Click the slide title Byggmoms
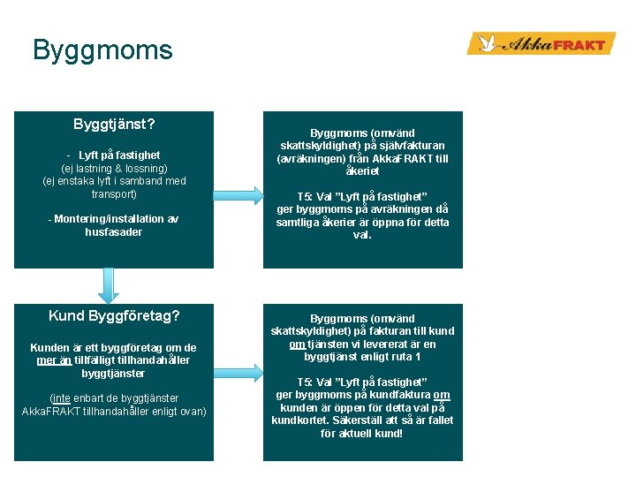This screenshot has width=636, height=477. tap(102, 49)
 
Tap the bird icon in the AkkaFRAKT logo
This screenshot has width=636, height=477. tap(485, 43)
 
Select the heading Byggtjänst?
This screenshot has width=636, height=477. tap(114, 124)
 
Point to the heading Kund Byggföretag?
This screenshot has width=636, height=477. tap(114, 315)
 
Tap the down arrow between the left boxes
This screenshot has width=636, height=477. tap(108, 285)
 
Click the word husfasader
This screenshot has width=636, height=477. tap(113, 232)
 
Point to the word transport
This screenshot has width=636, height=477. tap(114, 193)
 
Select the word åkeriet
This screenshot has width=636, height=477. tap(362, 171)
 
